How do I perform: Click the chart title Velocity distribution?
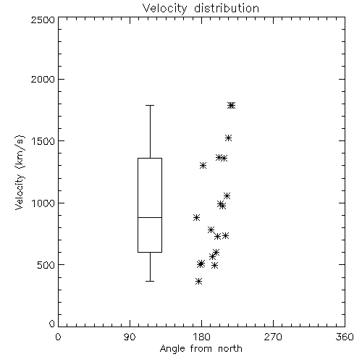[x=201, y=8]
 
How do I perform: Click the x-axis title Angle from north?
[x=201, y=349]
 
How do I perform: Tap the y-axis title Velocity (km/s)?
[x=20, y=172]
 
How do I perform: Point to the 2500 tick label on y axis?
[x=43, y=20]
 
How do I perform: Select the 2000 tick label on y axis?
[x=43, y=79]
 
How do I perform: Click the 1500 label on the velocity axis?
[x=43, y=141]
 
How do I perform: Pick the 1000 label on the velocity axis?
[x=43, y=203]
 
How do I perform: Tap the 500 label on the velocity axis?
[x=46, y=265]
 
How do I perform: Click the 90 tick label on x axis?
[x=130, y=337]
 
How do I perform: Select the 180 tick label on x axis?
[x=201, y=337]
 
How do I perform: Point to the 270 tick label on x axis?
[x=273, y=337]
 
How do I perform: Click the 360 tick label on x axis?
[x=345, y=337]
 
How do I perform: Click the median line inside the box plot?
[x=150, y=217]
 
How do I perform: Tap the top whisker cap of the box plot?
[x=150, y=106]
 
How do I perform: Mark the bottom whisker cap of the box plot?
[x=150, y=281]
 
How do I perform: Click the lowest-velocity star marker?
[x=199, y=281]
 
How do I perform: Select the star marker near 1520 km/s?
[x=229, y=138]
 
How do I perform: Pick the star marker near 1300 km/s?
[x=203, y=165]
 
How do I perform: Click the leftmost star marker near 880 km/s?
[x=197, y=217]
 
